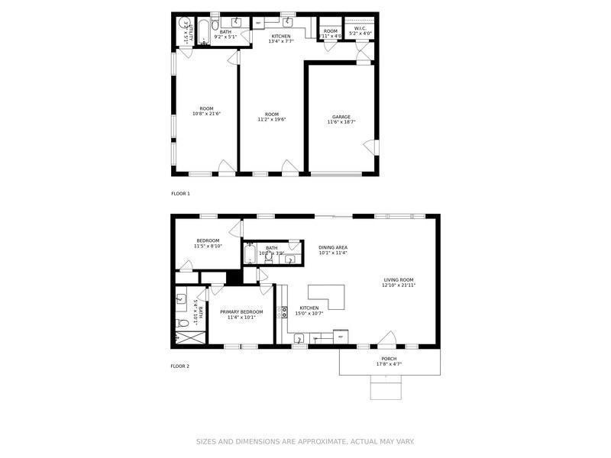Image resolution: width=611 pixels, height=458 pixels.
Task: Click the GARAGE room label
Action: (x=341, y=117)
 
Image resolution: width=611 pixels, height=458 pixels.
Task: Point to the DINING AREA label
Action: (x=333, y=247)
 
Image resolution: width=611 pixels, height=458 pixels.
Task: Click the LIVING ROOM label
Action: (x=399, y=280)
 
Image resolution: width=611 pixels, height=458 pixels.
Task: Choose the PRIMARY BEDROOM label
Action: (x=241, y=311)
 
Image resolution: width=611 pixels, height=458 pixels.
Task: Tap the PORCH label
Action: (x=389, y=359)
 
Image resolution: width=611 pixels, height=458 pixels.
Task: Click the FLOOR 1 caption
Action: (x=180, y=194)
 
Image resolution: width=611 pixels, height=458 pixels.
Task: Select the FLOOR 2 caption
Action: (x=179, y=366)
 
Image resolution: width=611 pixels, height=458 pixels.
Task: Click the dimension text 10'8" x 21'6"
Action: (x=206, y=114)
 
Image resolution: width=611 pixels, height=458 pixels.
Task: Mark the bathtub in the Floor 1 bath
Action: (x=204, y=32)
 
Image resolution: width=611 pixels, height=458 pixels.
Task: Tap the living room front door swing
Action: (x=387, y=337)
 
